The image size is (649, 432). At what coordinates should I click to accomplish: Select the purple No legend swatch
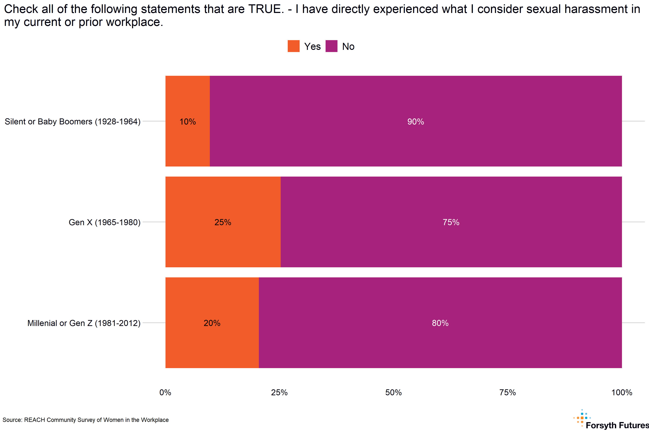[331, 46]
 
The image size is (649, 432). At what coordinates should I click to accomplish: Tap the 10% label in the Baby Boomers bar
[188, 121]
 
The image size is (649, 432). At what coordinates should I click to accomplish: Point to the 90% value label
[416, 121]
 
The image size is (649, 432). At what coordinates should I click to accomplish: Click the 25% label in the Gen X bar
[223, 222]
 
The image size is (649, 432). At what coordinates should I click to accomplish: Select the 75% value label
[451, 222]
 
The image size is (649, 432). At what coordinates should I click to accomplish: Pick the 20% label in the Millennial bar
[212, 323]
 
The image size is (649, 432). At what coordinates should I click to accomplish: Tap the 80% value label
[440, 323]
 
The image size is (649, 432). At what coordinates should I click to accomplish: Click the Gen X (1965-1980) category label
[105, 222]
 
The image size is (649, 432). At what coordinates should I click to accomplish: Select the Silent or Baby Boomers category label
[73, 121]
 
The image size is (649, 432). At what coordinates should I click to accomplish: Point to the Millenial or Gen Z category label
[84, 323]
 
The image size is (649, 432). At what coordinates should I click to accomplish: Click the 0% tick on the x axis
[165, 392]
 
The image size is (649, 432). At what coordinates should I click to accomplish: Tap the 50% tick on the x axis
[394, 392]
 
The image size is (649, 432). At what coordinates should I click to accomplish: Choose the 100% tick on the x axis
[622, 392]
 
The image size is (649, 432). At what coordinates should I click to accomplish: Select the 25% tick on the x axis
[279, 392]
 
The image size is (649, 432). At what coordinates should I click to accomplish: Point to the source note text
[85, 420]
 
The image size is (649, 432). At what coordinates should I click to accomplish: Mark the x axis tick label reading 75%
[507, 392]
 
